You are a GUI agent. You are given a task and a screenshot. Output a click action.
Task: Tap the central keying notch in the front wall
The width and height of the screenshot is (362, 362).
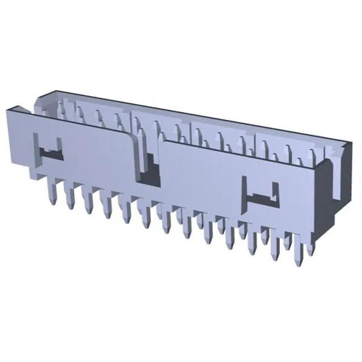point(148,167)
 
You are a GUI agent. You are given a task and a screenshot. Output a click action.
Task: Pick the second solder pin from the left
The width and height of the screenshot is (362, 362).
point(71,198)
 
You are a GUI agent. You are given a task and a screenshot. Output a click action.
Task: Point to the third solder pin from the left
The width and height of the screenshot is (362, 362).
point(89,203)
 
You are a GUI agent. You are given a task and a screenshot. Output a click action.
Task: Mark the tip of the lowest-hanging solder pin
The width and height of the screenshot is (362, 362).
point(298,263)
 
